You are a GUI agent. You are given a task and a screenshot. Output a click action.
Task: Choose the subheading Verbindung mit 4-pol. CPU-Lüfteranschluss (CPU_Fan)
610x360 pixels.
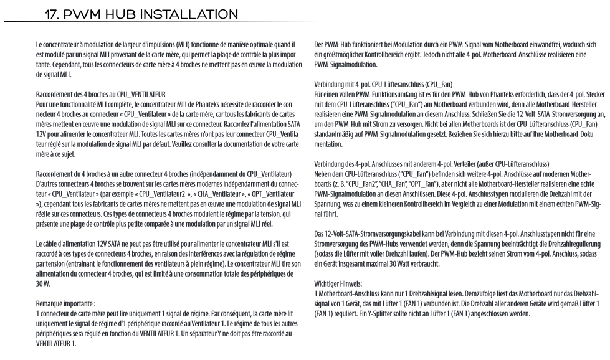(x=383, y=84)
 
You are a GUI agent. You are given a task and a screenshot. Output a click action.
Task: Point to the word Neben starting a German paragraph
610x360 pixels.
(x=324, y=176)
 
